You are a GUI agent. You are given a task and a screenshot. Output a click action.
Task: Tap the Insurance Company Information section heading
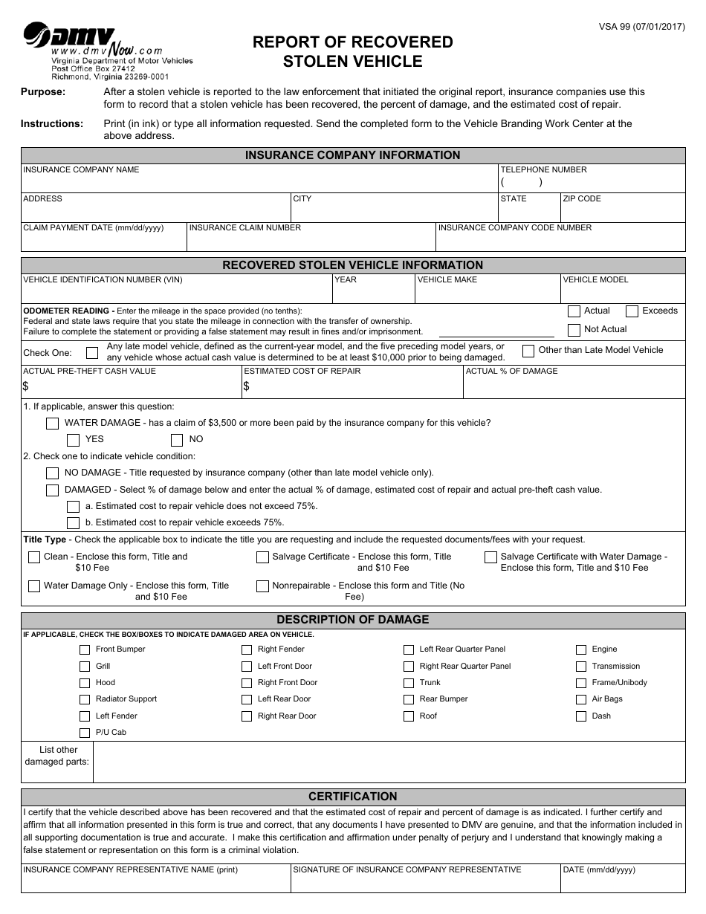353,155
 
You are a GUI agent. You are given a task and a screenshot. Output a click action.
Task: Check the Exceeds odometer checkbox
632,311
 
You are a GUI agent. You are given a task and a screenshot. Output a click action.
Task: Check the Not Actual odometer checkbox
574,330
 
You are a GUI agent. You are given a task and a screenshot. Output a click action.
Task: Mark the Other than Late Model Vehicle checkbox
528,351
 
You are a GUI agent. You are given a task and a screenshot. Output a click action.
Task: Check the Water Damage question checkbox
53,424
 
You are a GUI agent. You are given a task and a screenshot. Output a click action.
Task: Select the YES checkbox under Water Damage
74,440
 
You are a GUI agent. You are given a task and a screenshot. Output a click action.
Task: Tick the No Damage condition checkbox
53,473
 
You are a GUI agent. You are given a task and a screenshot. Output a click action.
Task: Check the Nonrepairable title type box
262,586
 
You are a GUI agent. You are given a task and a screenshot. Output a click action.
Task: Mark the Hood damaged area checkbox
85,683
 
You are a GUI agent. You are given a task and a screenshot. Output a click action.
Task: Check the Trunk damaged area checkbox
409,683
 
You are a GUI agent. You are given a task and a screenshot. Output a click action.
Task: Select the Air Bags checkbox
581,699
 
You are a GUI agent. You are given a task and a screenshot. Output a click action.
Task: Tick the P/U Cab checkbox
85,733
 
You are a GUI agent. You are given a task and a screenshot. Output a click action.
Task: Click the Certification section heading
353,797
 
